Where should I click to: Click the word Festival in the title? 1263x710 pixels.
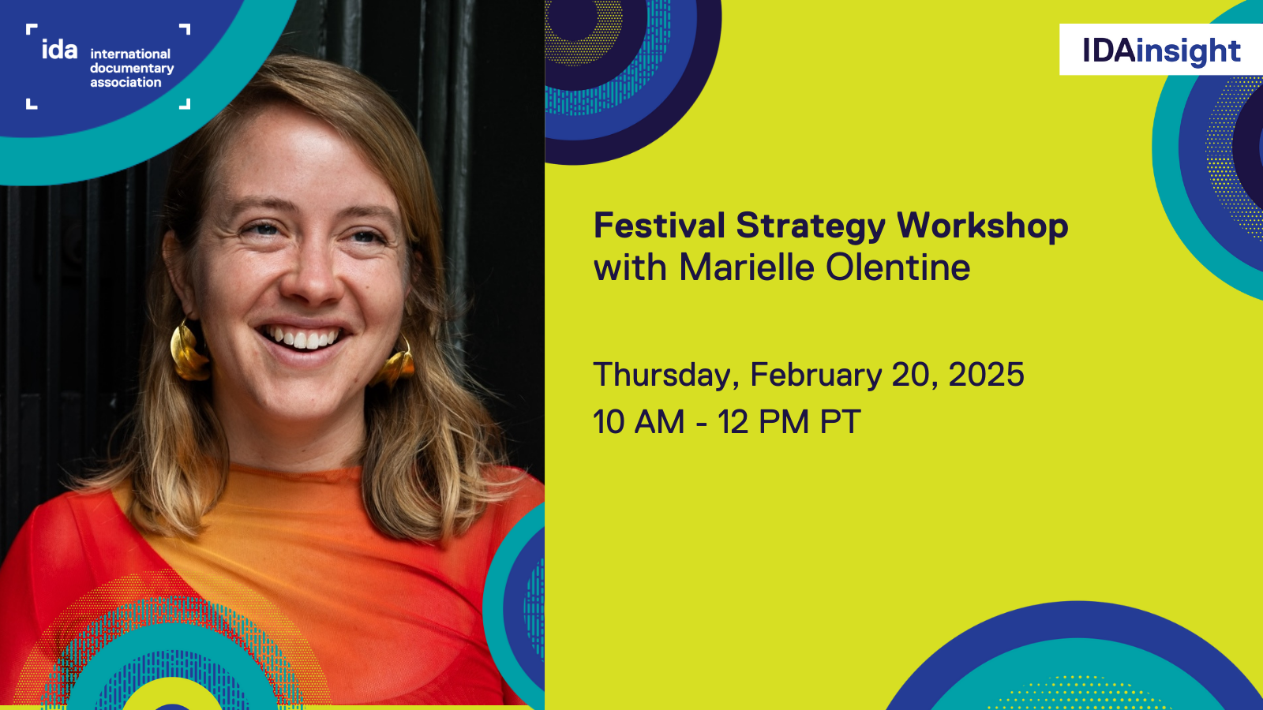tap(659, 226)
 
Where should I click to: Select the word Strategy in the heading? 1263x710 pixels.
tap(811, 227)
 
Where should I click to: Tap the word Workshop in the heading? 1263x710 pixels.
tap(982, 227)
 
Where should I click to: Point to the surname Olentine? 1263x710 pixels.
tap(898, 268)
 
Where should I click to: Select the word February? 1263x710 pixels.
tap(815, 376)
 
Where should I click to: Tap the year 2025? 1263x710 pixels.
tap(986, 375)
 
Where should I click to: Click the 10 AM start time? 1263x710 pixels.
tap(639, 422)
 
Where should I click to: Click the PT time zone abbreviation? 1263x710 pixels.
tap(840, 422)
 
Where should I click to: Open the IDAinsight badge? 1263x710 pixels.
tap(1160, 50)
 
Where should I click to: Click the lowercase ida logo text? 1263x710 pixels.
tap(59, 50)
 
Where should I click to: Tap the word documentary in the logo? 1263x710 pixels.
tap(131, 69)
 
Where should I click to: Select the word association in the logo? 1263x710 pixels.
tap(126, 83)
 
